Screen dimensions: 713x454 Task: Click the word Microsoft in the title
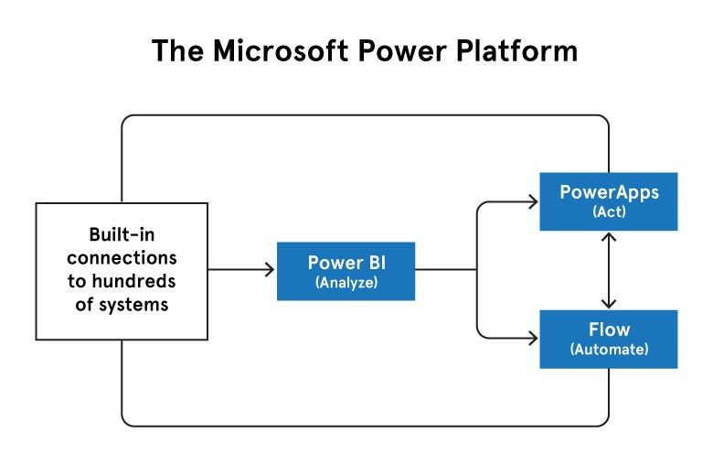[281, 50]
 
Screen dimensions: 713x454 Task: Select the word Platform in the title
[517, 50]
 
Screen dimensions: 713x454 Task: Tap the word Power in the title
[402, 50]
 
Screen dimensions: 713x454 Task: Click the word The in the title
[178, 50]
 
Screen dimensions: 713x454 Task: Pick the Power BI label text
[346, 263]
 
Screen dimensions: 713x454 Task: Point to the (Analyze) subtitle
[346, 283]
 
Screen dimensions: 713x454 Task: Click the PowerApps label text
[610, 192]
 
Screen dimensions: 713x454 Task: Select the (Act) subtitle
[610, 211]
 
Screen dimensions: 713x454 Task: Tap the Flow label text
[610, 330]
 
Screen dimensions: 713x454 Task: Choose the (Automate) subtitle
[610, 350]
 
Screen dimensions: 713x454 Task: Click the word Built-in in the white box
[122, 235]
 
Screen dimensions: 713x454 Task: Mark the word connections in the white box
[122, 258]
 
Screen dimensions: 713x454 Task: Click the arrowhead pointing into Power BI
[270, 270]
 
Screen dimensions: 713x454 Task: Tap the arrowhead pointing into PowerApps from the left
[533, 201]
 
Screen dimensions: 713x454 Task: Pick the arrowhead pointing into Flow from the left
[533, 339]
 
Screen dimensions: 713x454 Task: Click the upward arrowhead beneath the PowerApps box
[609, 237]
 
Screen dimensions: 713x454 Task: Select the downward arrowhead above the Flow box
[609, 304]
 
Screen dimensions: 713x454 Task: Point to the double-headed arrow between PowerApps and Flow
[609, 271]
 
